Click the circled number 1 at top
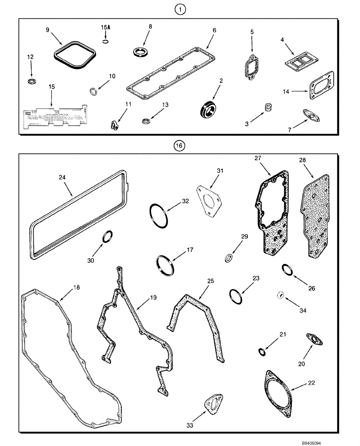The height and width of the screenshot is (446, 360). click(179, 9)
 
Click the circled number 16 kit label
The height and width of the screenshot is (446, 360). click(179, 145)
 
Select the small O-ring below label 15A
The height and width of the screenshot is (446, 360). click(105, 42)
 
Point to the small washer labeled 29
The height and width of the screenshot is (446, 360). click(229, 258)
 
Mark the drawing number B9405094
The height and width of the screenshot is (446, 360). click(340, 441)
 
